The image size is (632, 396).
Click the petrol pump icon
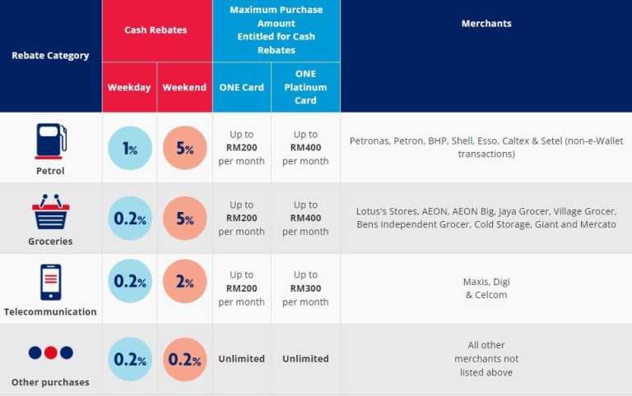coord(50,140)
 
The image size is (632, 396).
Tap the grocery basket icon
coord(50,212)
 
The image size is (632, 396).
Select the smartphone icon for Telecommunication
coord(50,282)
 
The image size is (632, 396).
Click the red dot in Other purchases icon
coord(50,352)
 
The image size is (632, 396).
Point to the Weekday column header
coord(129,87)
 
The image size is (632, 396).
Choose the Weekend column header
coord(184,87)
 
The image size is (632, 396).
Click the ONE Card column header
coord(241,87)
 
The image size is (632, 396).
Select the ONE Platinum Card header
coord(305,87)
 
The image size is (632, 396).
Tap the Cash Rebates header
coord(156,30)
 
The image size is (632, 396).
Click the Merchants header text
coord(486,24)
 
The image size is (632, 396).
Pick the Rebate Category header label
coord(50,56)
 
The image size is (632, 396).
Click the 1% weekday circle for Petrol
coord(130,149)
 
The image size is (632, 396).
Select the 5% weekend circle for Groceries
coord(184,219)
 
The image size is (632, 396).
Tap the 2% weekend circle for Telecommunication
coord(184,282)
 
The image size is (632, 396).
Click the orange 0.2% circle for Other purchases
coord(184,359)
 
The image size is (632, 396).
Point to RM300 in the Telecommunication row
coord(305,288)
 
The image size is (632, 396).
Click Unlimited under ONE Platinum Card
coord(305,359)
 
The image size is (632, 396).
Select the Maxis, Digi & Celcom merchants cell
coord(486,288)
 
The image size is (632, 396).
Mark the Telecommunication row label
coord(50,312)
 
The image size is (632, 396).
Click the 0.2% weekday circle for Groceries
coord(130,219)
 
